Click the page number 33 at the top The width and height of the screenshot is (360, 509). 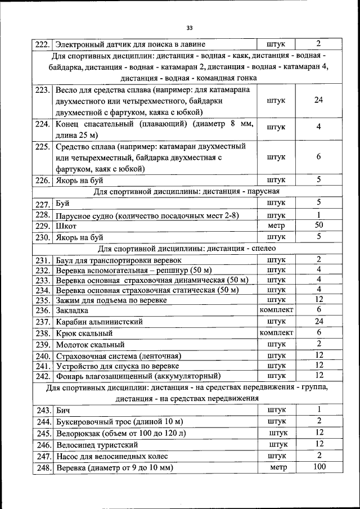pos(189,28)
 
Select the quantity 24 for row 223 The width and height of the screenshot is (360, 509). pos(318,100)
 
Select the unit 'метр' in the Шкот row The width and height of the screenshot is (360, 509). pos(276,226)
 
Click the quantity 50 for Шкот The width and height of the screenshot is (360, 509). pos(318,225)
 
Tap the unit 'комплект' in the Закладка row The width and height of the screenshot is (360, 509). pos(276,310)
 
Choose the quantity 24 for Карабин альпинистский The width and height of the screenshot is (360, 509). pos(318,322)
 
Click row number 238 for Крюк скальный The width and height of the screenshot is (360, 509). pos(43,334)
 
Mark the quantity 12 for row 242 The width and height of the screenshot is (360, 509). pos(318,375)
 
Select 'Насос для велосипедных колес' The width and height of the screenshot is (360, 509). pos(112,456)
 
